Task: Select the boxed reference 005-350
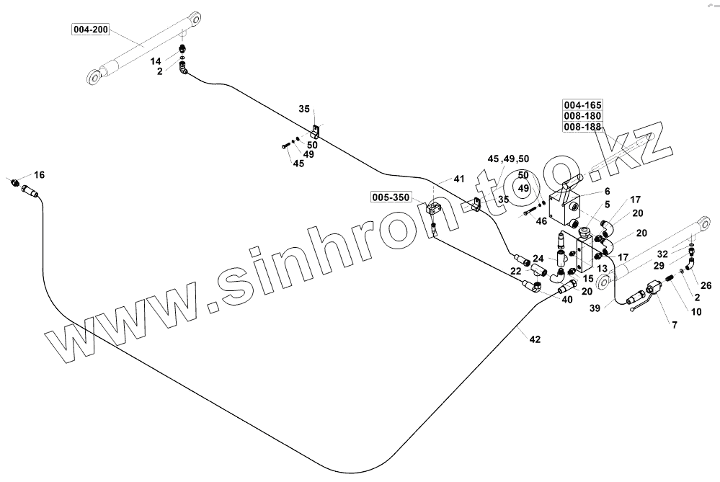click(390, 196)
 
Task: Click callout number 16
click(39, 174)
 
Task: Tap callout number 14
click(156, 62)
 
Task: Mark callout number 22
click(516, 270)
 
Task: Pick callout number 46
click(542, 221)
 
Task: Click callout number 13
click(603, 268)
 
